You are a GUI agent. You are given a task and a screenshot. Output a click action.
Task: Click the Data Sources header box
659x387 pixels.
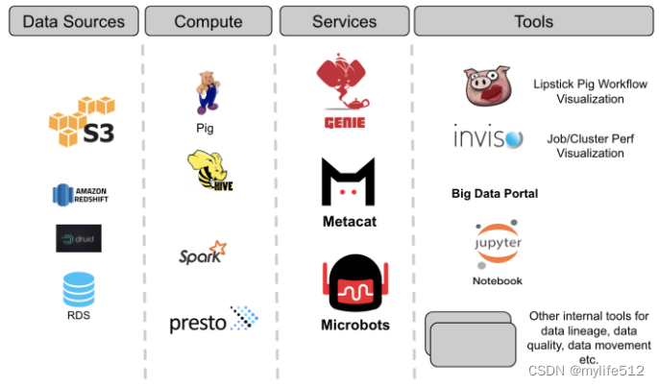pyautogui.click(x=74, y=21)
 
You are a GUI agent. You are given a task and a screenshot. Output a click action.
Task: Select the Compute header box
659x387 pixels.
pyautogui.click(x=208, y=21)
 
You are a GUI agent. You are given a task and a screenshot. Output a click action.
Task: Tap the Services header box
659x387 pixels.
pyautogui.click(x=344, y=21)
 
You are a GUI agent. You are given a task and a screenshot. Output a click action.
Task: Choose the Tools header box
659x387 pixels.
pyautogui.click(x=535, y=21)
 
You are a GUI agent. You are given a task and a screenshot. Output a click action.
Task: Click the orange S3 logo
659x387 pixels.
pyautogui.click(x=82, y=121)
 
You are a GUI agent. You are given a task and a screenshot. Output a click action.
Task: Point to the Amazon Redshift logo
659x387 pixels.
pyautogui.click(x=78, y=195)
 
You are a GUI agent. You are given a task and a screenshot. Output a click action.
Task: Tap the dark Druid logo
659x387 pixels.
pyautogui.click(x=78, y=237)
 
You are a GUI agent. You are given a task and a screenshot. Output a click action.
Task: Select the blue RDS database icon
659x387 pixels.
pyautogui.click(x=79, y=290)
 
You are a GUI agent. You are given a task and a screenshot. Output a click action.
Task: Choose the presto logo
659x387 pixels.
pyautogui.click(x=213, y=322)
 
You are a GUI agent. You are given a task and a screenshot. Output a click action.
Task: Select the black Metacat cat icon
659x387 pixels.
pyautogui.click(x=347, y=183)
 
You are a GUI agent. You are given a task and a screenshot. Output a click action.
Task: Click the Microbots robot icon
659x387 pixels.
pyautogui.click(x=354, y=283)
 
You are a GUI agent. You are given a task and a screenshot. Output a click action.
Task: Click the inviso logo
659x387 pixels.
pyautogui.click(x=489, y=139)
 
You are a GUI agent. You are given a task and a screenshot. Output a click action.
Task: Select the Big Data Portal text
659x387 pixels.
pyautogui.click(x=495, y=194)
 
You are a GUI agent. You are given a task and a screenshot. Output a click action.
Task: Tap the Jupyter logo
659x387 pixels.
pyautogui.click(x=497, y=245)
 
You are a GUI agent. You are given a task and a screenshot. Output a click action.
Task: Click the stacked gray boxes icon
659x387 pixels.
pyautogui.click(x=470, y=337)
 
